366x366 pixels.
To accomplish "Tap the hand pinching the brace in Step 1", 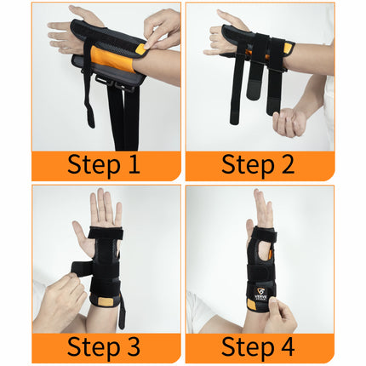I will pyautogui.click(x=162, y=30).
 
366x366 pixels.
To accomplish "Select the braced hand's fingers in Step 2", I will pyautogui.click(x=217, y=34).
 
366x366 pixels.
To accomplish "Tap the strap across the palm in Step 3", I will pyautogui.click(x=104, y=235).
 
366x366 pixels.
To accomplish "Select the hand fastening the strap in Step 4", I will pyautogui.click(x=281, y=317).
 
